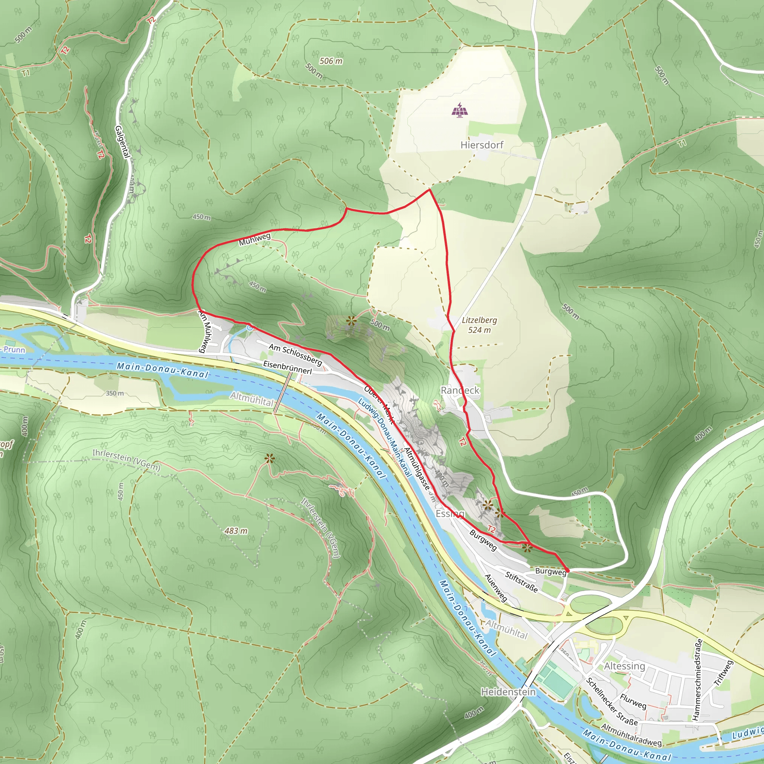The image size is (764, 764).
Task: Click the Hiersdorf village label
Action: (482, 145)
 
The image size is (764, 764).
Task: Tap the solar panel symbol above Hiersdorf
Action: (460, 110)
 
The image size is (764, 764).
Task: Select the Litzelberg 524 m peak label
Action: (479, 325)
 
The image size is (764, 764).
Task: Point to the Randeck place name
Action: (460, 390)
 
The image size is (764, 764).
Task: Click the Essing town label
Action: (450, 514)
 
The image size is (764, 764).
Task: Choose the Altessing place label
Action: (624, 666)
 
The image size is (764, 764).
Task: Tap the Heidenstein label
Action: (508, 692)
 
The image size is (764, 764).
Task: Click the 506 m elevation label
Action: (331, 61)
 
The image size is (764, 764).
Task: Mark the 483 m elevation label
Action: (236, 531)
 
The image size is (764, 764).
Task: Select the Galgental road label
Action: (122, 141)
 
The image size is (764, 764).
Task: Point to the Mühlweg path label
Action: (255, 239)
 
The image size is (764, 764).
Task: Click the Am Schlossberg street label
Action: (295, 354)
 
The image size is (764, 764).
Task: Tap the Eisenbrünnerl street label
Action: (288, 367)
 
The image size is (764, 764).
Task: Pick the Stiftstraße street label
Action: (521, 582)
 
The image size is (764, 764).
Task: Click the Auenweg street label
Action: (496, 588)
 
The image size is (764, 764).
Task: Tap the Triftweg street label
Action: (723, 673)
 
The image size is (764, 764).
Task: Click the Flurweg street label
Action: (633, 701)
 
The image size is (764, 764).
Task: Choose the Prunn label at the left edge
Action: (14, 350)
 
